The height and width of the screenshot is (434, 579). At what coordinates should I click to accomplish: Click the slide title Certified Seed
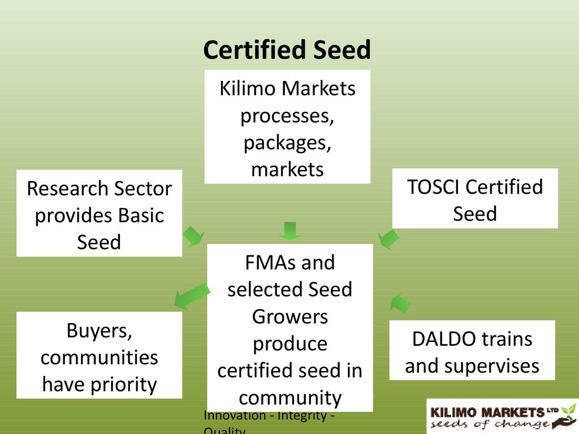[287, 50]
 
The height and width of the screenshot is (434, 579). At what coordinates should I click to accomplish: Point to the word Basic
[141, 215]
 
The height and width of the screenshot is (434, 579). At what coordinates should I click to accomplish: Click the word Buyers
[100, 331]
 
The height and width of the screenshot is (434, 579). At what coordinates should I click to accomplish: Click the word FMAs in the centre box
[267, 263]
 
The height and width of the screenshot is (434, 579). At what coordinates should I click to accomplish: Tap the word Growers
[289, 316]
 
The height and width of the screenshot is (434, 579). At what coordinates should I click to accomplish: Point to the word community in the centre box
[289, 398]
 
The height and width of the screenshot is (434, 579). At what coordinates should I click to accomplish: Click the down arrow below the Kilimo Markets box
[289, 231]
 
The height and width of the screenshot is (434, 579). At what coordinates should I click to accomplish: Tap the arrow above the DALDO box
[400, 302]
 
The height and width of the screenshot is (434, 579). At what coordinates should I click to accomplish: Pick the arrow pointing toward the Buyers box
[191, 296]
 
